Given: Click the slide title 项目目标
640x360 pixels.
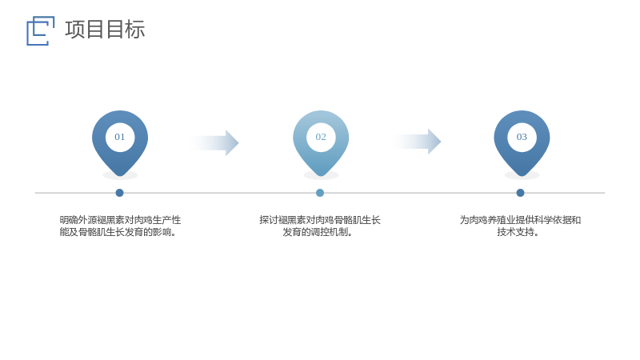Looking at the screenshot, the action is point(105,30).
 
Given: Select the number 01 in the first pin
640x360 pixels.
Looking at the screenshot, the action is point(119,137).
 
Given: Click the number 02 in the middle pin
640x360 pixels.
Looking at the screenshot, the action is point(321,137).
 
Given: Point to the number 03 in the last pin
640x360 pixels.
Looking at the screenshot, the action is point(522,137).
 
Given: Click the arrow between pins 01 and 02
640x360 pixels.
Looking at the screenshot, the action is point(214,143).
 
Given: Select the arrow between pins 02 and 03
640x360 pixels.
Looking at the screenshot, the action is point(417,142).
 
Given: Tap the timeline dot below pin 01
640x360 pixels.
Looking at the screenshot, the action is point(119,193).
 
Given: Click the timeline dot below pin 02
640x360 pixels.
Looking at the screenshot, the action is point(320,193).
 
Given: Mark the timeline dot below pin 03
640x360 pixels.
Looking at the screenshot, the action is point(520,193).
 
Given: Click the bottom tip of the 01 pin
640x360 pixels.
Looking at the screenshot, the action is point(120,176).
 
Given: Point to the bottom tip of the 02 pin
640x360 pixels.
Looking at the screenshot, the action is point(321,176).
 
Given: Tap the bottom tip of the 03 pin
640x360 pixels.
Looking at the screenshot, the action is point(522,176).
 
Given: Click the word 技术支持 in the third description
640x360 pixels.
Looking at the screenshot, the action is point(515,232).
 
